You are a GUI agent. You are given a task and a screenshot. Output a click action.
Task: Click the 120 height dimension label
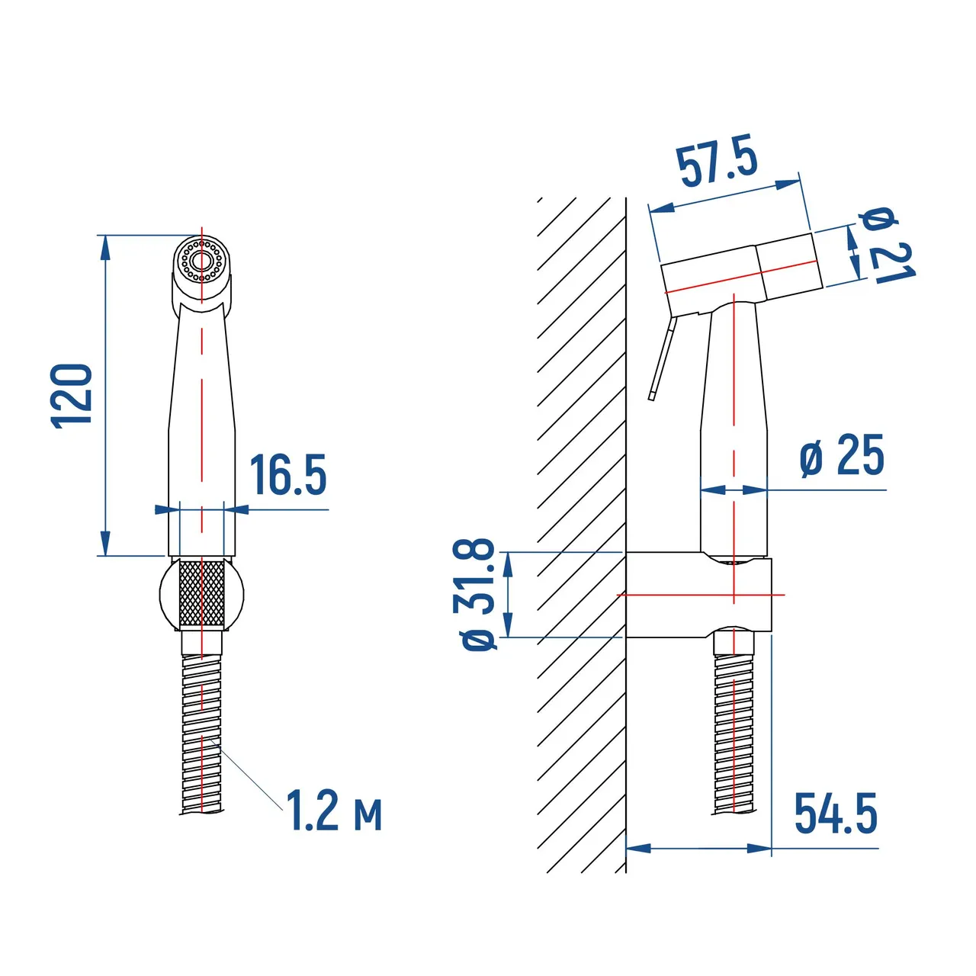click(x=72, y=396)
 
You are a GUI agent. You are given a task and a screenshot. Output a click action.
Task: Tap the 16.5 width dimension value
click(x=289, y=474)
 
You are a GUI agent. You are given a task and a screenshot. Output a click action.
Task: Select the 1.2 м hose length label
click(x=334, y=811)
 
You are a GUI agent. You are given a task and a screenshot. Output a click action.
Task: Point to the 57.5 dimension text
click(x=718, y=161)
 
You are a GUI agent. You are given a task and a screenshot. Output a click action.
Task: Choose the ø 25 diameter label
click(x=842, y=455)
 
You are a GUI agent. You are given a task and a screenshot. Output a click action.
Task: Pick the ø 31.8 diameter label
click(x=479, y=595)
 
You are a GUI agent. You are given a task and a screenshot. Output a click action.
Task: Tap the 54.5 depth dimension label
click(x=836, y=814)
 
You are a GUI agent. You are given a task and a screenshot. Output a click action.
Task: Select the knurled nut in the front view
click(x=201, y=593)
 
